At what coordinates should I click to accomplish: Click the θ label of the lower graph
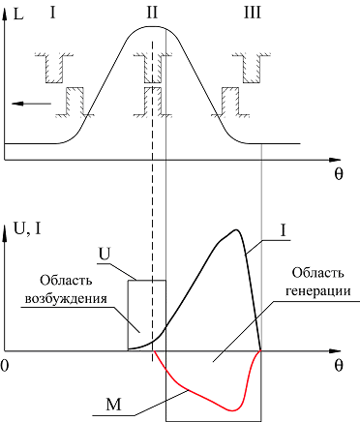pyautogui.click(x=339, y=366)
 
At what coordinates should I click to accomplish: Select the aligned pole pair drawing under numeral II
pyautogui.click(x=152, y=85)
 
